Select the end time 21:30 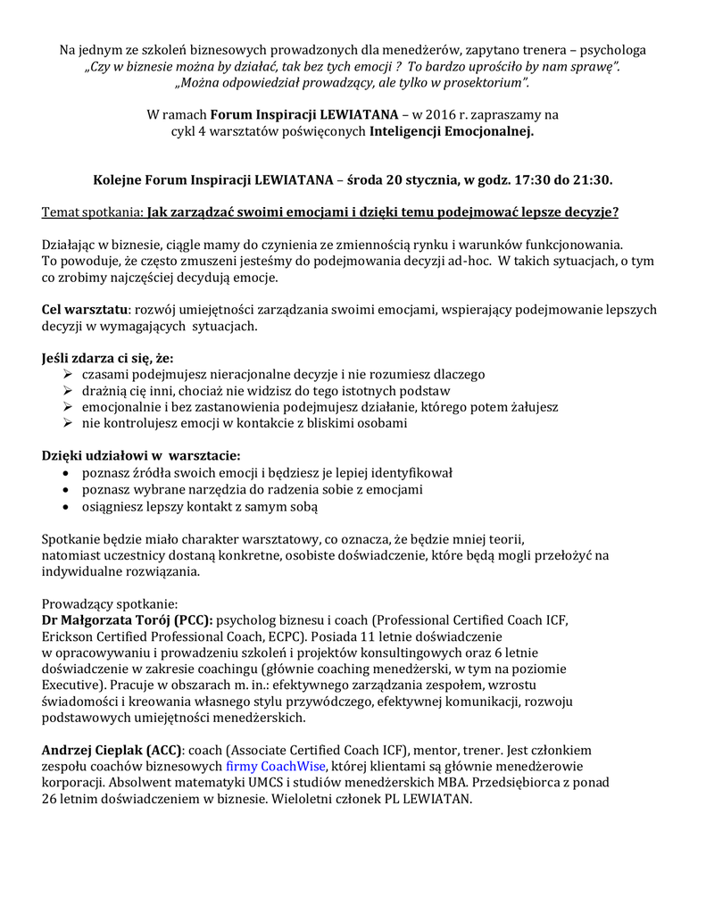(593, 179)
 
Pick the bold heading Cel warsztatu (85, 310)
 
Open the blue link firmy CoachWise (275, 767)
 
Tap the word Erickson (67, 636)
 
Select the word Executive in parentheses (71, 685)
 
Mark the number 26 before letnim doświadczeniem (50, 800)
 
